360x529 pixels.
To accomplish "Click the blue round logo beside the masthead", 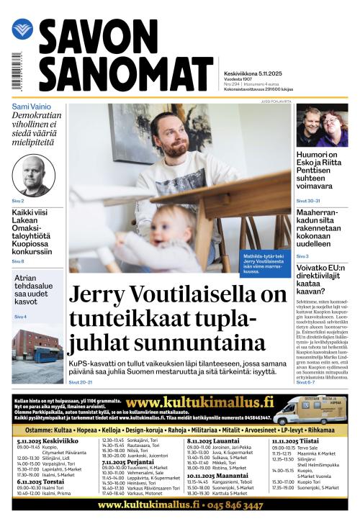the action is coord(22,30).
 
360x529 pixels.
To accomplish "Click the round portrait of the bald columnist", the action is coord(34,175).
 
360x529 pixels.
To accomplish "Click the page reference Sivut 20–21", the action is coord(81,381).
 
